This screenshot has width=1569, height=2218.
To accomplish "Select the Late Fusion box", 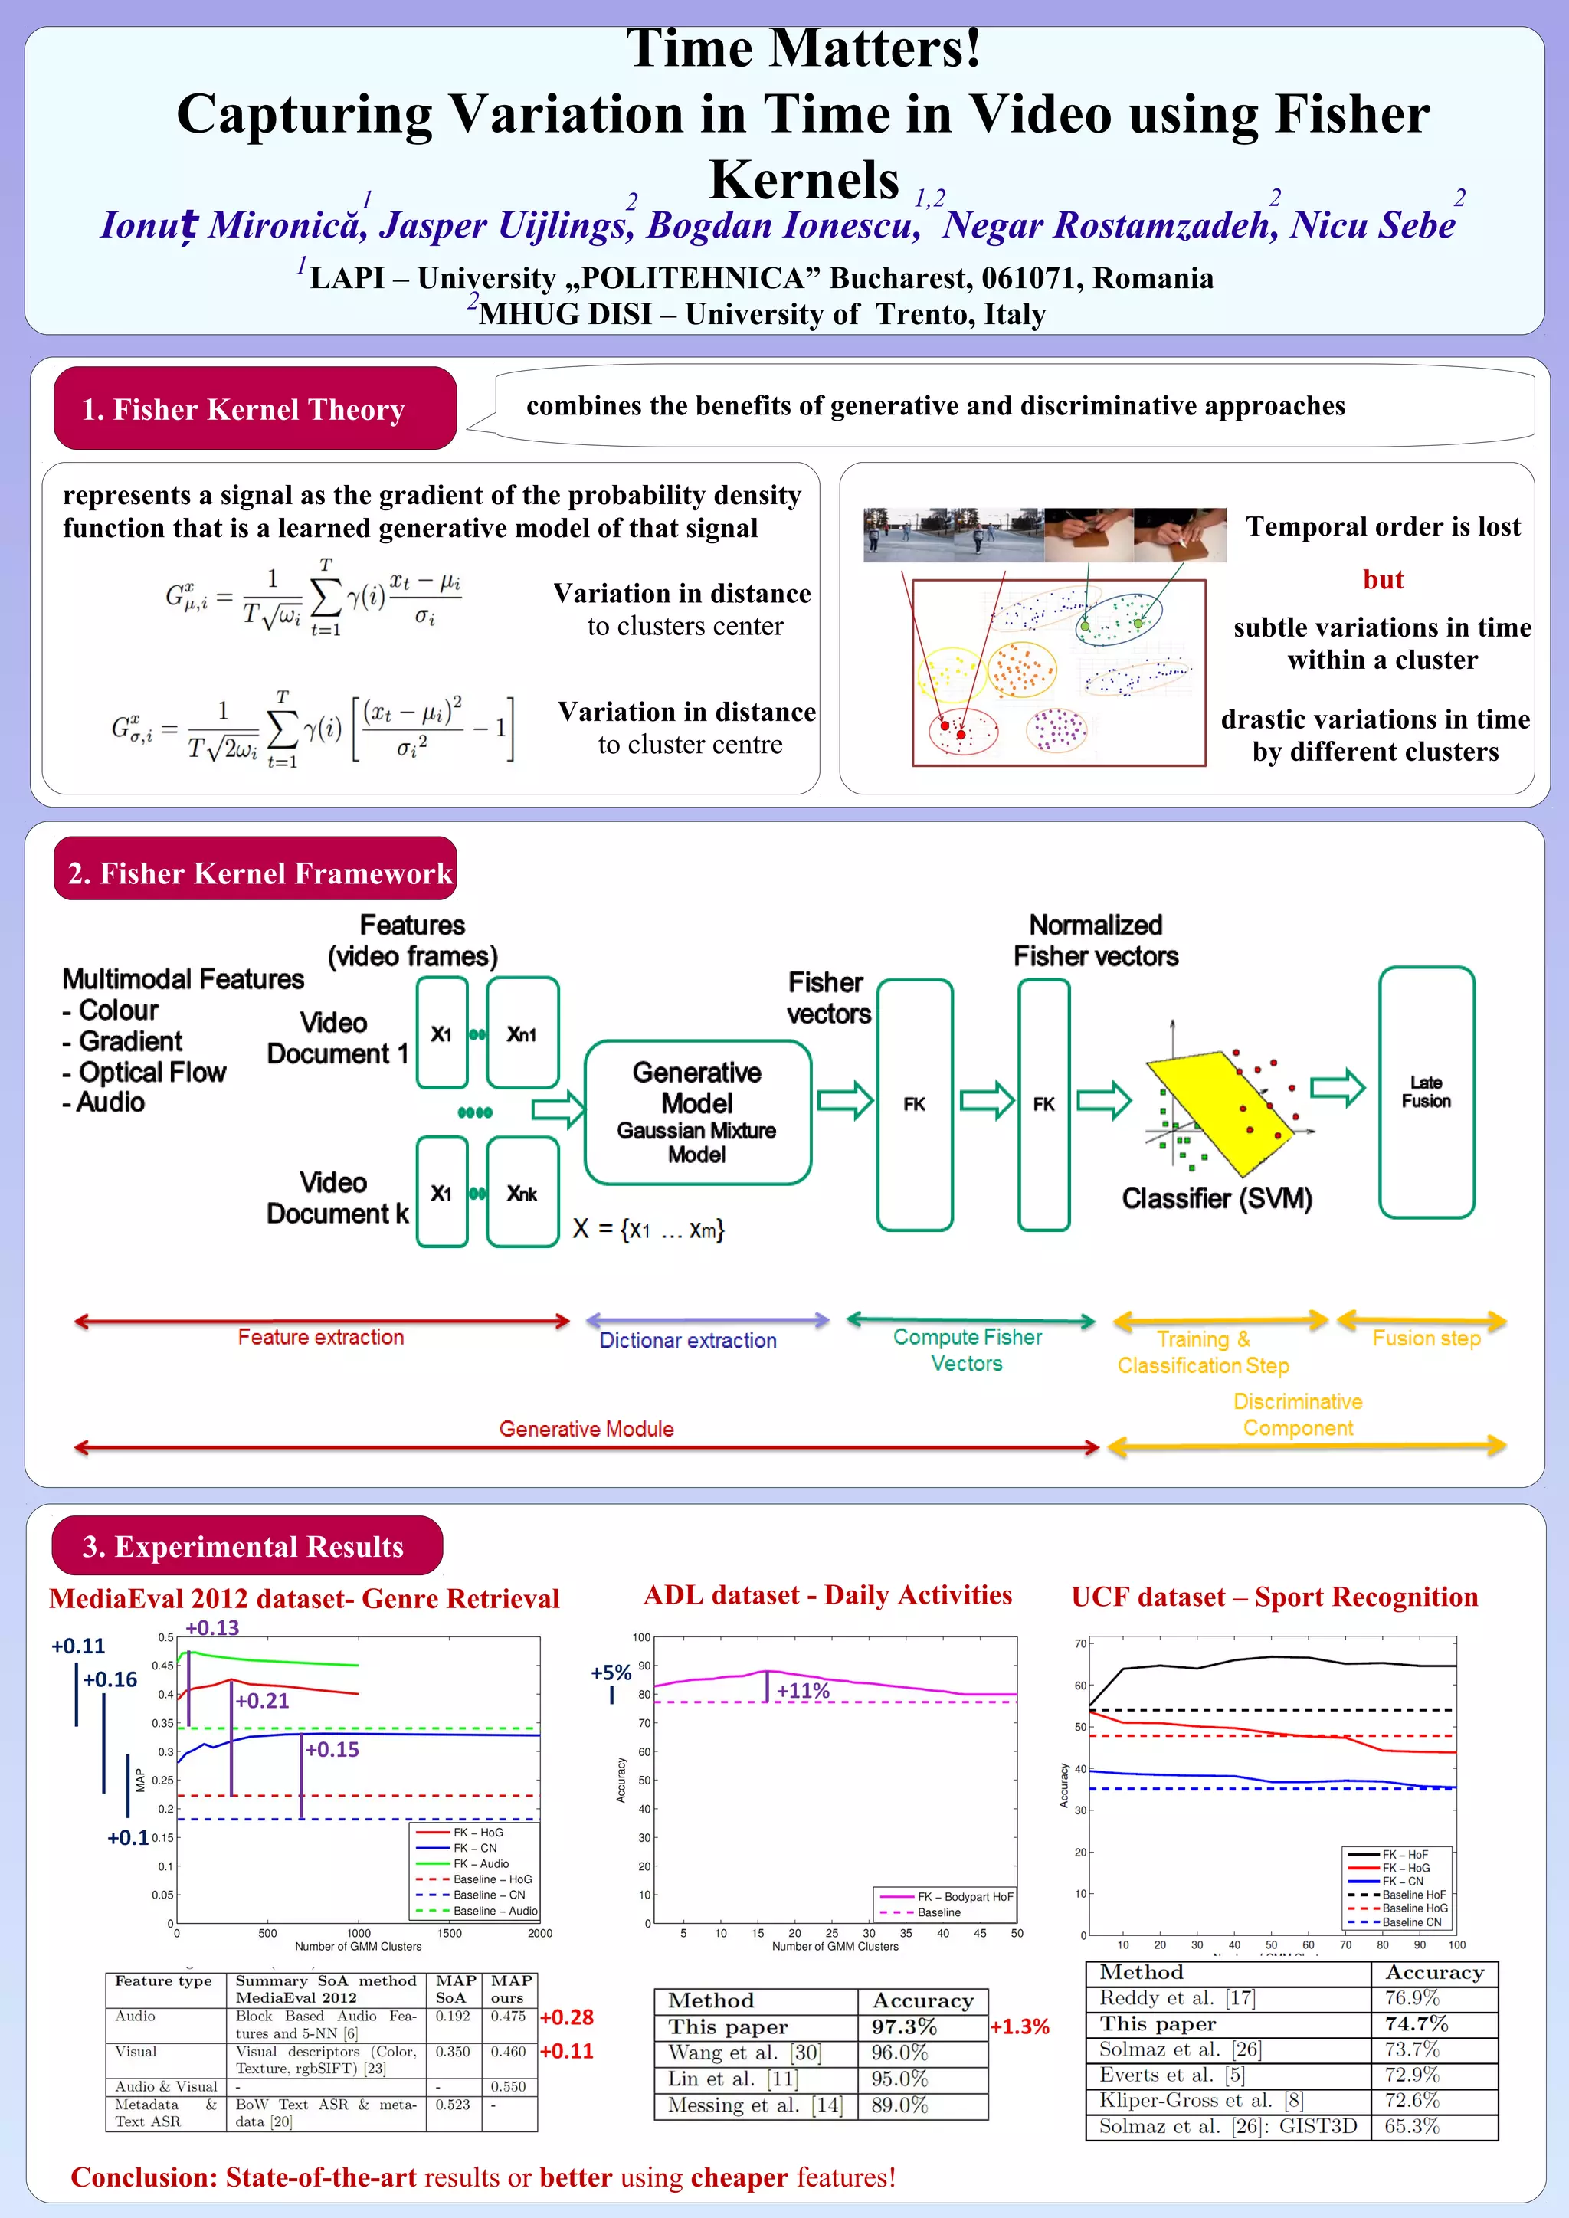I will pos(1425,1092).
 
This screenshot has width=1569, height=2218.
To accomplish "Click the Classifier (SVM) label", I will pos(1217,1199).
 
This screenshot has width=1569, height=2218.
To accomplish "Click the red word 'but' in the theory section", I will pos(1383,580).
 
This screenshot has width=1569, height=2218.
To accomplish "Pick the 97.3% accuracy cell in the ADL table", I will pos(903,2026).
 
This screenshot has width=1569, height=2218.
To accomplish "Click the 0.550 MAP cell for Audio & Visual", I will pos(507,2087).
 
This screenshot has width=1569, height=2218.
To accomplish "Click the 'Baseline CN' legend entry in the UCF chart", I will pos(1410,1922).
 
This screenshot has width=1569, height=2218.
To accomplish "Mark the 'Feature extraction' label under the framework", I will pos(321,1337).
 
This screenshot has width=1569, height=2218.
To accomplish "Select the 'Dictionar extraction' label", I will pos(688,1340).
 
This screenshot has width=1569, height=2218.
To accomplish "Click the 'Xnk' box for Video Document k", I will pos(522,1193).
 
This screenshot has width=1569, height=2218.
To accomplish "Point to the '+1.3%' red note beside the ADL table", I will pos(1019,2026).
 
